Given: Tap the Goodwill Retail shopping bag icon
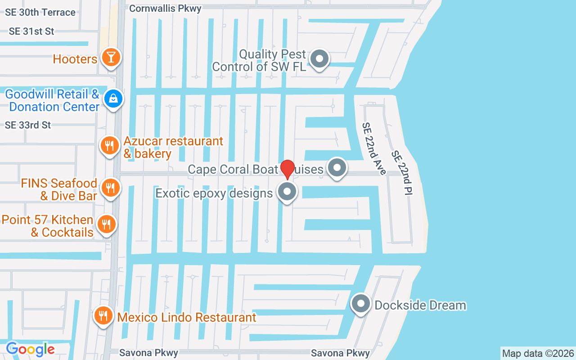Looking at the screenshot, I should point(113,98).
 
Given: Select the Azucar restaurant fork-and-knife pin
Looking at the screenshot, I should point(109,145).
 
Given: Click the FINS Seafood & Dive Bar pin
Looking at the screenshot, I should point(109,188).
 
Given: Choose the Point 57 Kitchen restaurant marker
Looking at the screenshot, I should point(106,224).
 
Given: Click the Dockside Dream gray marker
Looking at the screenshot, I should point(360,304).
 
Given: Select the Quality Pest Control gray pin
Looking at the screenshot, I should point(320,58).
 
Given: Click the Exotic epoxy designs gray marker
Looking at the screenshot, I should point(287,192).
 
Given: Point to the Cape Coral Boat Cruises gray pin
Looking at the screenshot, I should point(336,168).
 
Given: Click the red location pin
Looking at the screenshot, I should point(287,169).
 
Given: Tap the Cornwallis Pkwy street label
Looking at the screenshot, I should point(165,8).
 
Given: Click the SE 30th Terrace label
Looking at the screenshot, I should point(40,12).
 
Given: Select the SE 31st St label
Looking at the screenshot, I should point(31,31).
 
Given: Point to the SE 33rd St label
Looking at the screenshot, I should point(28,125).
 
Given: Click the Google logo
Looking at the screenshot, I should point(30,349).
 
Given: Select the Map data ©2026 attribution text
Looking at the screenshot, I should point(538,353).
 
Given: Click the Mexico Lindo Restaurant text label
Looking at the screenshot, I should point(187,317).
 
